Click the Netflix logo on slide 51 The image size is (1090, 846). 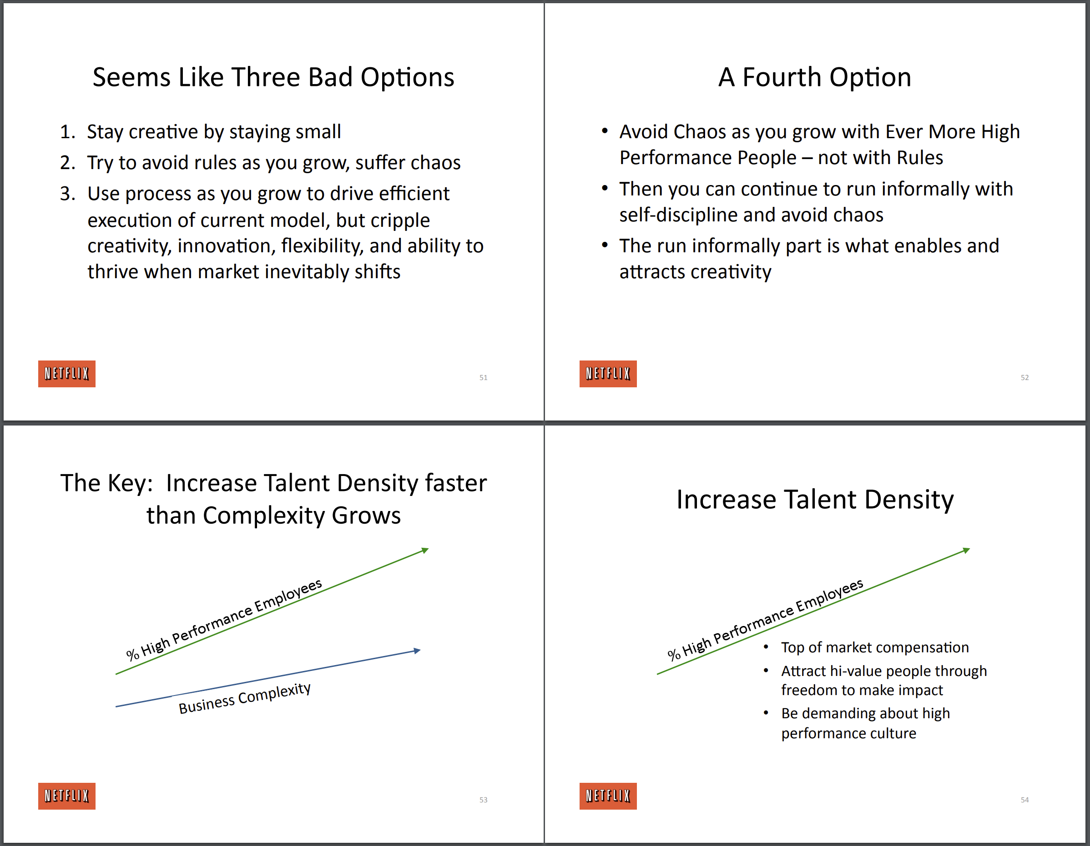tap(67, 374)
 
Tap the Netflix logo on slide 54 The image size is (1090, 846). tap(608, 796)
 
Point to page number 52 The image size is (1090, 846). tap(1024, 378)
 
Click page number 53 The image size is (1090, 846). tap(483, 800)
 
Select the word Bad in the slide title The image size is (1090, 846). tap(329, 77)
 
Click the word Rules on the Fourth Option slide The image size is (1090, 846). tap(919, 158)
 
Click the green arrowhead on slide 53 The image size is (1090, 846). tap(425, 550)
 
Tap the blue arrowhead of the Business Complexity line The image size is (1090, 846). tap(417, 651)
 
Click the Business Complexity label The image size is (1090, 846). tap(245, 697)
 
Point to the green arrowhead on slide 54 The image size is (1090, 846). tap(966, 550)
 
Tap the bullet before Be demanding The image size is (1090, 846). tap(766, 713)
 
